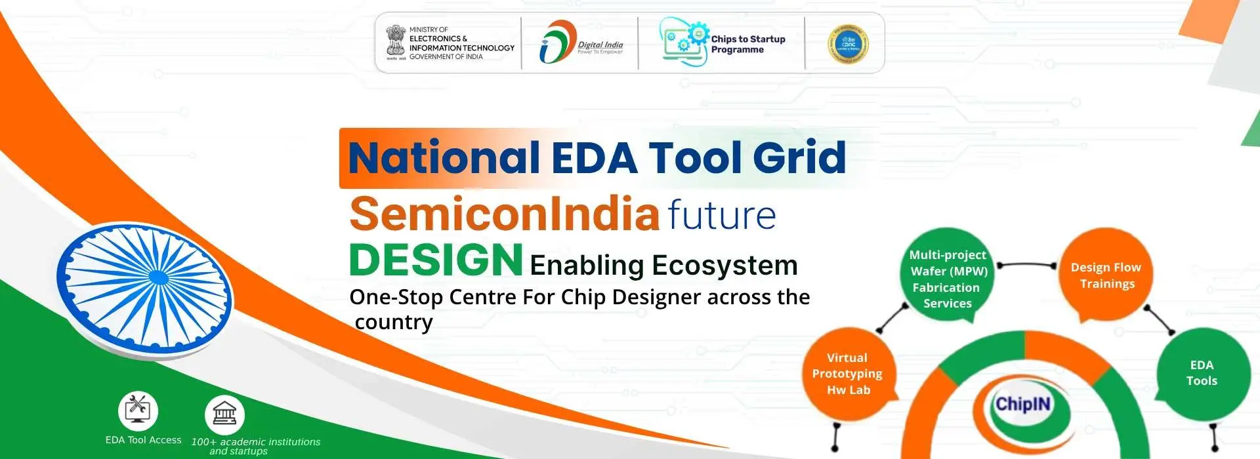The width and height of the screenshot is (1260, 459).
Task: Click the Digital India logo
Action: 581,43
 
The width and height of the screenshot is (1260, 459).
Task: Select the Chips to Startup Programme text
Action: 747,44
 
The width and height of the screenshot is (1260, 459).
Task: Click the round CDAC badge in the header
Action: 848,43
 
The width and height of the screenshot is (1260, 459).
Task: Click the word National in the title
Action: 444,158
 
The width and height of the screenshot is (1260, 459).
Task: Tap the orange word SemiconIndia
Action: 504,214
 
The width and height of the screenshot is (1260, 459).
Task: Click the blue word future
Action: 721,215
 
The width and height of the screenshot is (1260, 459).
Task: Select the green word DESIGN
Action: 436,260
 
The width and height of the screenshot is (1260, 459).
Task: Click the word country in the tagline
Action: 394,323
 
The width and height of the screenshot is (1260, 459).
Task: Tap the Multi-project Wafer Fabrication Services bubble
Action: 947,279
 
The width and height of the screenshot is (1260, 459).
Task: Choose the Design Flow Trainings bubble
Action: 1106,275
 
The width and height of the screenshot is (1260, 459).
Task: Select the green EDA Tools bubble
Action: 1202,373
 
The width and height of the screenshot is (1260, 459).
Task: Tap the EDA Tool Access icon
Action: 138,410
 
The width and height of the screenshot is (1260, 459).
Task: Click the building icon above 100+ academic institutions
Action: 224,414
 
